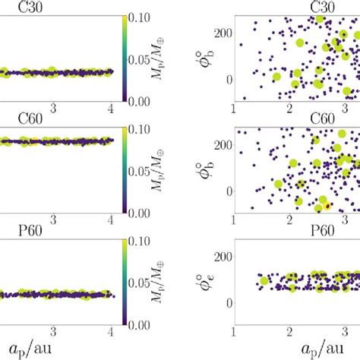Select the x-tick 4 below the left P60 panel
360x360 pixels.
click(x=112, y=331)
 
